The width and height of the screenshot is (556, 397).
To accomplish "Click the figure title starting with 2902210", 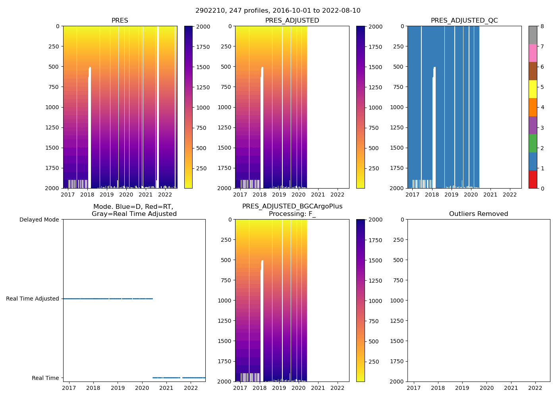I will (278, 11).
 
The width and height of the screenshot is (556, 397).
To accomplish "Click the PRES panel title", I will (120, 21).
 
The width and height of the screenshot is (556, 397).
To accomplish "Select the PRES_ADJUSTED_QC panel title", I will (464, 21).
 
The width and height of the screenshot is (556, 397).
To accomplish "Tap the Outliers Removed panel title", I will (479, 214).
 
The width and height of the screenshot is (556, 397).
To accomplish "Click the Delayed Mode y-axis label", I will (39, 220).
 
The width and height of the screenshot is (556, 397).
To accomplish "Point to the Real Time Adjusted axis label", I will (33, 299).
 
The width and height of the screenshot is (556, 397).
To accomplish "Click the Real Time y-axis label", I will (45, 378).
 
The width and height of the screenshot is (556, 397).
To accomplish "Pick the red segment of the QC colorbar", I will (533, 179).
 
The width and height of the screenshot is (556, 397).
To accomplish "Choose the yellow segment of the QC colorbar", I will (533, 89).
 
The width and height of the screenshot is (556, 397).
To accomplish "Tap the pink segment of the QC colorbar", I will (533, 53).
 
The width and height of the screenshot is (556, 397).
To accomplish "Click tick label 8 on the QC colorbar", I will (542, 27).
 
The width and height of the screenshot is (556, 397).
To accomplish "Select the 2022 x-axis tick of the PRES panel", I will (165, 195).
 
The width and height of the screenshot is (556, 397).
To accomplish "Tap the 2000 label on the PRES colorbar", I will (203, 27).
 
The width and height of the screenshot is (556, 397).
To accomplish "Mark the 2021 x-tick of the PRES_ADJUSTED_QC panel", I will (490, 195).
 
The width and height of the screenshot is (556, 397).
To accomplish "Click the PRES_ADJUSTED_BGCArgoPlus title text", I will (292, 206).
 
